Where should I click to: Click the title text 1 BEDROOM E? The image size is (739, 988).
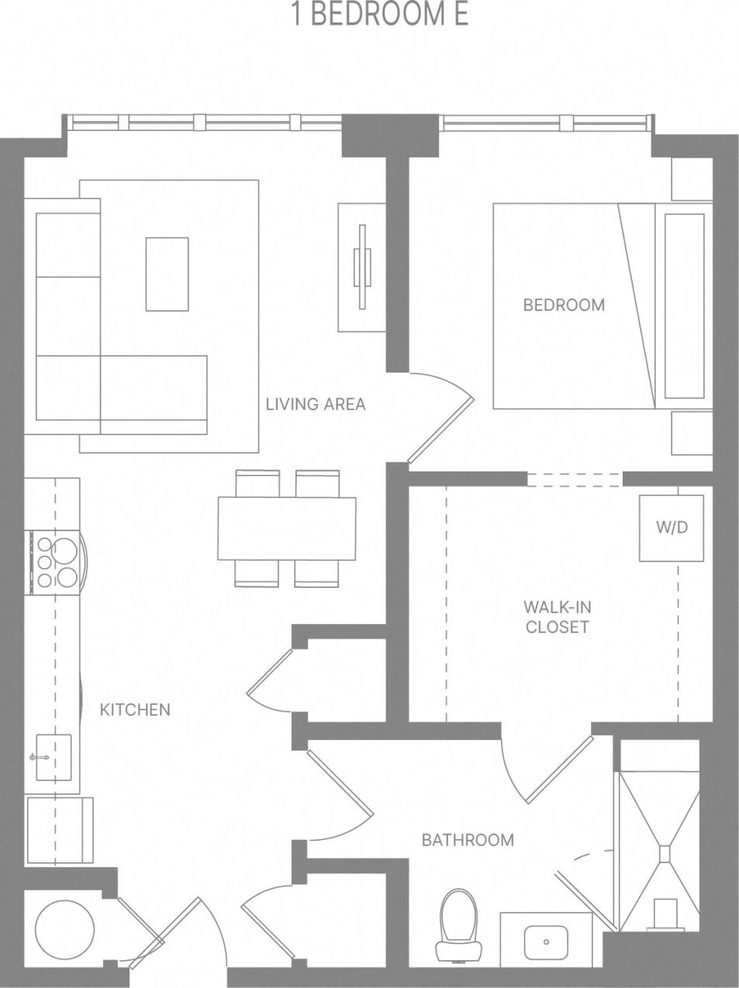[x=379, y=16]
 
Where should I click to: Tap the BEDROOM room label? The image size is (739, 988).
[x=564, y=305]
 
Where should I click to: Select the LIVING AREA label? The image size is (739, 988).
[x=315, y=404]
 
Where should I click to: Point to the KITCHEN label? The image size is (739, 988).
[x=135, y=710]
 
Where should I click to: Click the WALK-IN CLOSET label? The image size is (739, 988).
[x=558, y=617]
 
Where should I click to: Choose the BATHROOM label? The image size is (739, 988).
[x=468, y=840]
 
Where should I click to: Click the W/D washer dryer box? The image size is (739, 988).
[x=672, y=527]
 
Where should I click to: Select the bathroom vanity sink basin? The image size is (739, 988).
[x=546, y=942]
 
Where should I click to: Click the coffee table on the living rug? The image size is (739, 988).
[x=167, y=274]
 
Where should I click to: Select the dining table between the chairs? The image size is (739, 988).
[x=286, y=527]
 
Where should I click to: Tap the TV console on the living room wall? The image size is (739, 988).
[x=361, y=268]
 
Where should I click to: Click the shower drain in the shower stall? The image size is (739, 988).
[x=665, y=852]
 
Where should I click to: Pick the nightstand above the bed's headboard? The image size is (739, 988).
[x=690, y=180]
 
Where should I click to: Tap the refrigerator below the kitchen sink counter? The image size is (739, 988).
[x=60, y=829]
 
